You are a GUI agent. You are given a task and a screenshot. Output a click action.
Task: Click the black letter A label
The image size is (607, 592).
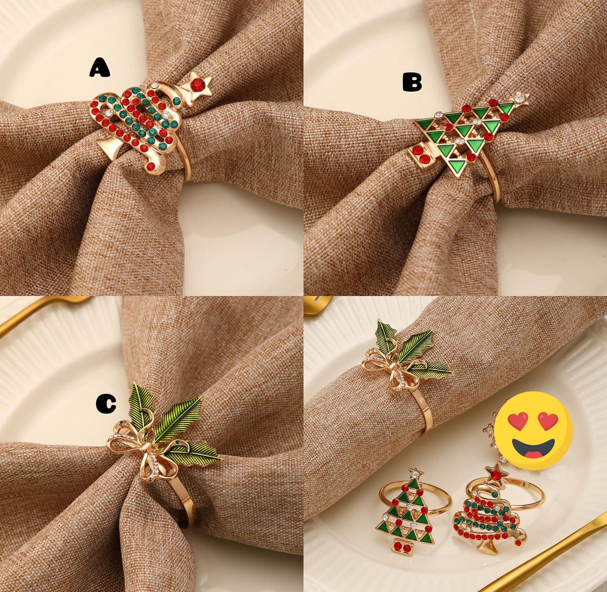tap(100, 68)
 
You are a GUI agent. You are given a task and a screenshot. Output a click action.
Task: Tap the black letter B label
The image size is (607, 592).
tap(412, 82)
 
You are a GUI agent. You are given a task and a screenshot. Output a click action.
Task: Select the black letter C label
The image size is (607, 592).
tap(106, 404)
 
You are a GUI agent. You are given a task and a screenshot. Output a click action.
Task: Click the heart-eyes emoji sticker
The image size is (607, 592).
tap(534, 430)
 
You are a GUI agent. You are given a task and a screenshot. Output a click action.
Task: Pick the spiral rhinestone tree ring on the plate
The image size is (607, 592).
tap(490, 511)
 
